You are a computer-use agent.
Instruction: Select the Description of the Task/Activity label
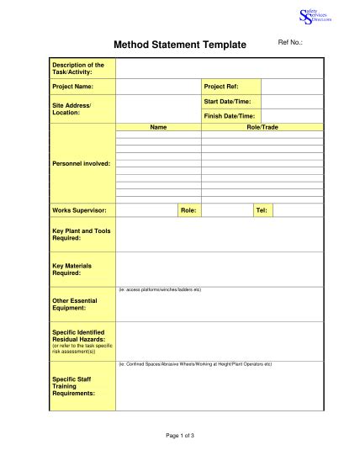(x=78, y=68)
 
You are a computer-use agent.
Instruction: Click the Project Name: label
(x=72, y=87)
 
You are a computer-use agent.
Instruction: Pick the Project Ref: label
(x=220, y=87)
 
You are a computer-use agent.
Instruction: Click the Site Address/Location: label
(x=71, y=109)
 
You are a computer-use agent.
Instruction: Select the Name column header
(x=158, y=126)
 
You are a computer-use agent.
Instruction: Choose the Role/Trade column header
(x=262, y=126)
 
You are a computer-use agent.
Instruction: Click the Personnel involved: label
(x=82, y=163)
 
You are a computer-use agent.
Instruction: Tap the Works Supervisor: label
(x=80, y=209)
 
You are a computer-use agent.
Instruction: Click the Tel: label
(x=261, y=209)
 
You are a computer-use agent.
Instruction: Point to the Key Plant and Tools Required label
(x=82, y=234)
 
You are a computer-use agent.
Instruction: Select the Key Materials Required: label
(x=72, y=269)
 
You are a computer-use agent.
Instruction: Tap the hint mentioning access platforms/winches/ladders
(x=160, y=289)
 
